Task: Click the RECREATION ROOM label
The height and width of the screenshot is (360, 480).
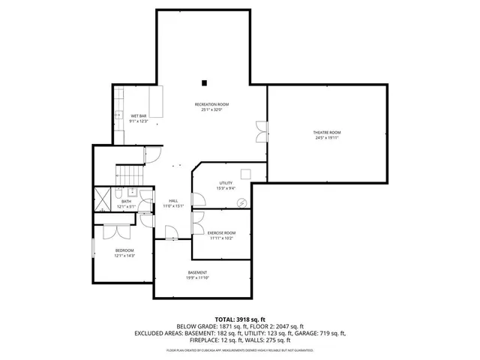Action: click(x=211, y=104)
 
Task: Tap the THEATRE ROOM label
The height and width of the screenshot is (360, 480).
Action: click(x=326, y=133)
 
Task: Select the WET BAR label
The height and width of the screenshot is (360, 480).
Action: click(x=138, y=115)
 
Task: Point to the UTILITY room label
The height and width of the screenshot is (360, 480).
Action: click(x=226, y=183)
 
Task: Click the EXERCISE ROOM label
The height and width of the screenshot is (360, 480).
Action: click(x=221, y=232)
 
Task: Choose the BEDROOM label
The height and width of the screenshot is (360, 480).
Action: click(x=124, y=250)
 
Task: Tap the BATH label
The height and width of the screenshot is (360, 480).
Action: click(x=126, y=201)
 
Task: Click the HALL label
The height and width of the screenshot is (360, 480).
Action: click(x=173, y=200)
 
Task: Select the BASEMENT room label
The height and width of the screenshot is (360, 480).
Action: click(x=197, y=272)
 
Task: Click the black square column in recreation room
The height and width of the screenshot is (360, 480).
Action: click(x=204, y=82)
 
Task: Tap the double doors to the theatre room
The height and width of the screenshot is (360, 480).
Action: click(x=260, y=131)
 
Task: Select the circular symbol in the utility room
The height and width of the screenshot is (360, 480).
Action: click(x=241, y=203)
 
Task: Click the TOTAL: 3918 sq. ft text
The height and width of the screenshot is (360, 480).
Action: click(x=240, y=319)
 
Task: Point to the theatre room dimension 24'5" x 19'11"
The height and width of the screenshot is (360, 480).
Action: click(x=326, y=138)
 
